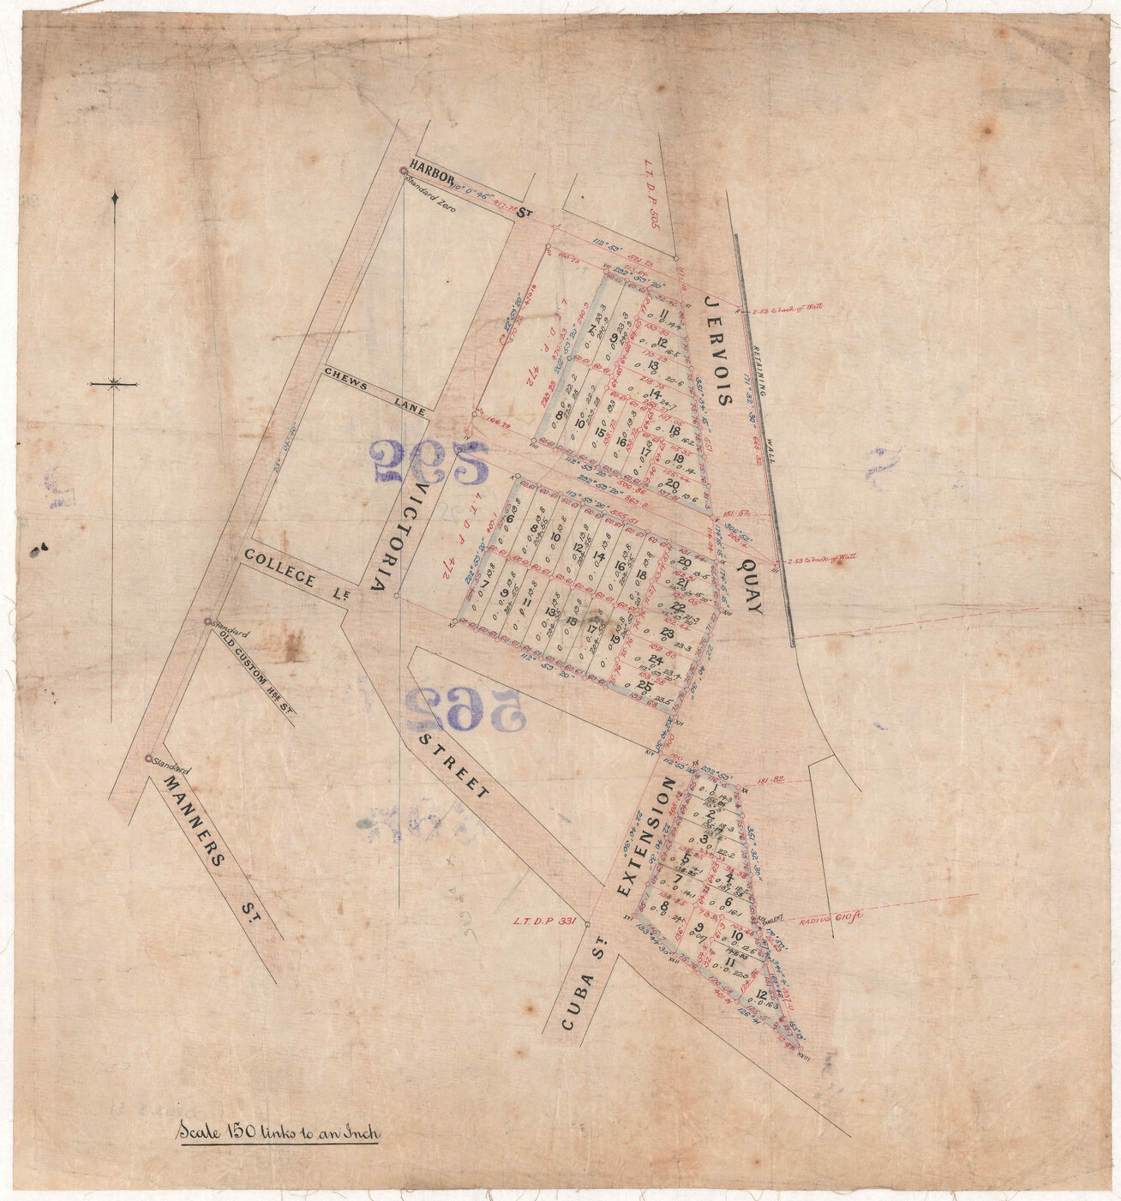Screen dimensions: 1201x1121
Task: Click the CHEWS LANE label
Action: pyautogui.click(x=375, y=392)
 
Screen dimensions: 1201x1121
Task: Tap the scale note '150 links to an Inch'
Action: pyautogui.click(x=278, y=1132)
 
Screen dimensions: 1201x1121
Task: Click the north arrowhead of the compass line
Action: pyautogui.click(x=115, y=199)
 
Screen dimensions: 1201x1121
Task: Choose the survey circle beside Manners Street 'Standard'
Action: pyautogui.click(x=148, y=759)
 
